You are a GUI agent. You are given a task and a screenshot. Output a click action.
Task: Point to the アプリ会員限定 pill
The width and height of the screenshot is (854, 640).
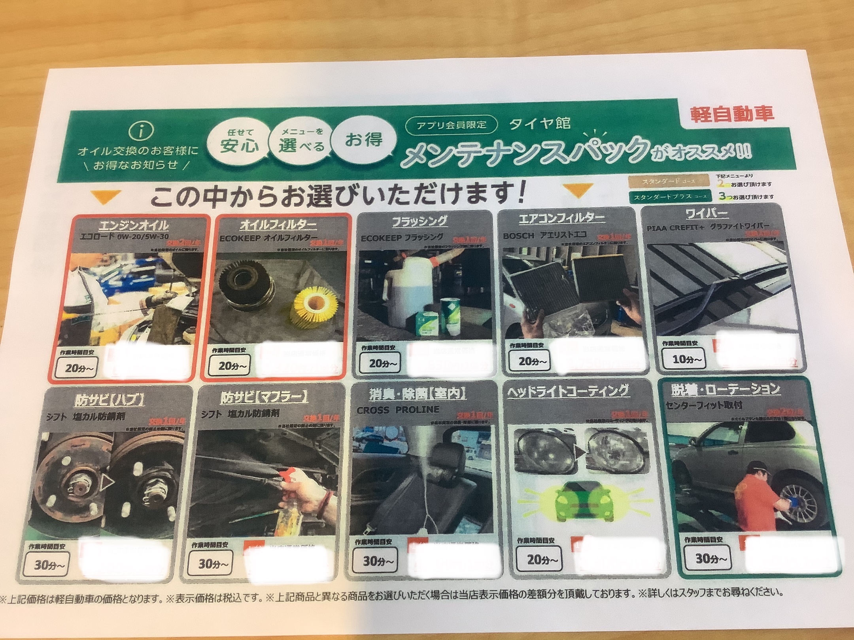coord(451,125)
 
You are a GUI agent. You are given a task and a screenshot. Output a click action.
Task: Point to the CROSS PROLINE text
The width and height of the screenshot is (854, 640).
coord(398,410)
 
